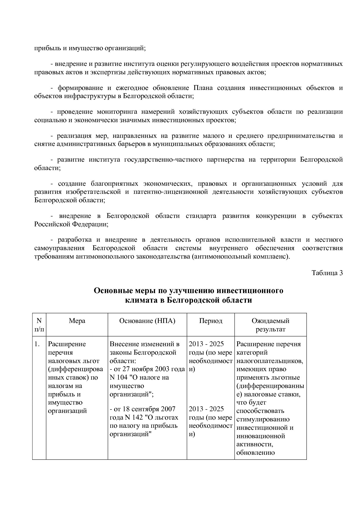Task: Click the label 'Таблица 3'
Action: coord(327,273)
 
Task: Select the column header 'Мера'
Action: coord(77,321)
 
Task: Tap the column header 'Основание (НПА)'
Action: coord(147,321)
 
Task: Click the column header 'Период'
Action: coord(210,321)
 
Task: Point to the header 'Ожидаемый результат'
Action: coord(270,325)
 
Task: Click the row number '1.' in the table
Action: coord(37,344)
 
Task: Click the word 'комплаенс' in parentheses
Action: coord(272,257)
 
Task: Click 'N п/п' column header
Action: coord(39,325)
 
